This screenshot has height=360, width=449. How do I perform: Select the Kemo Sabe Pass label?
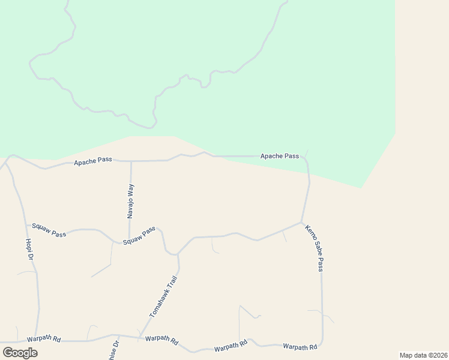pyautogui.click(x=314, y=248)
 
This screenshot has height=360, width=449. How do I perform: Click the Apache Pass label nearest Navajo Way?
pyautogui.click(x=92, y=162)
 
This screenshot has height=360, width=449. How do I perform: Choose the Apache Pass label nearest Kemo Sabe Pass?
pyautogui.click(x=279, y=156)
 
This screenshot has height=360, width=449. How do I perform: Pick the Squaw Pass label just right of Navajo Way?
pyautogui.click(x=139, y=235)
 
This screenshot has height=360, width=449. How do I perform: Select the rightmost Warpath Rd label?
pyautogui.click(x=300, y=347)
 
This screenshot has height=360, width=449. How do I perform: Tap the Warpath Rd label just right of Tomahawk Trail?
pyautogui.click(x=162, y=341)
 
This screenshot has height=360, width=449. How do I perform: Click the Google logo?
pyautogui.click(x=20, y=352)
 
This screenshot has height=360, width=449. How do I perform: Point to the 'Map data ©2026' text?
pyautogui.click(x=423, y=355)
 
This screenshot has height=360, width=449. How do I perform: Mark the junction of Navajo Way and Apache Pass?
pyautogui.click(x=131, y=161)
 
